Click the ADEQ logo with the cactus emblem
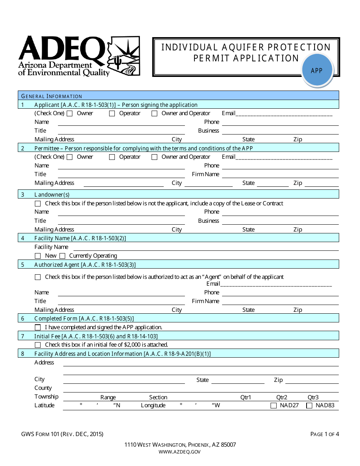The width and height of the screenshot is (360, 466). click(79, 56)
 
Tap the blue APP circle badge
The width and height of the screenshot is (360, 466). click(317, 70)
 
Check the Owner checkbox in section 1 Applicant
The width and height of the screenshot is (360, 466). click(70, 113)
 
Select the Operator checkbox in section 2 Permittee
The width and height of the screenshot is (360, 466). click(112, 157)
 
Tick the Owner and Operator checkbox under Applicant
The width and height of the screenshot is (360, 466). click(155, 113)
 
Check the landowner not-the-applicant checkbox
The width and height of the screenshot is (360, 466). click(38, 203)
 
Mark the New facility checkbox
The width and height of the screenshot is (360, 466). click(38, 256)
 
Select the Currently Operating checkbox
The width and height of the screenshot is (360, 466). click(63, 256)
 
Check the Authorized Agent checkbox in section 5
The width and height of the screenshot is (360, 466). click(38, 277)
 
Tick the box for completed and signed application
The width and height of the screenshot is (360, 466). click(38, 327)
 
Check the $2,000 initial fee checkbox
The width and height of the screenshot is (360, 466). click(38, 345)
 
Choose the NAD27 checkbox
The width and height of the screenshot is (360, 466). click(274, 405)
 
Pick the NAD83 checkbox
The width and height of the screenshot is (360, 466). click(309, 405)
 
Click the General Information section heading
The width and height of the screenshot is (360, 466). click(52, 96)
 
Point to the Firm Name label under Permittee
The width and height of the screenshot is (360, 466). click(205, 174)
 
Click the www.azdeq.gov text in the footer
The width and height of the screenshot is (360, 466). click(180, 452)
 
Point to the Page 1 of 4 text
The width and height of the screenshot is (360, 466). click(324, 434)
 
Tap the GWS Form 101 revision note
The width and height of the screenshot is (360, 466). click(63, 434)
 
